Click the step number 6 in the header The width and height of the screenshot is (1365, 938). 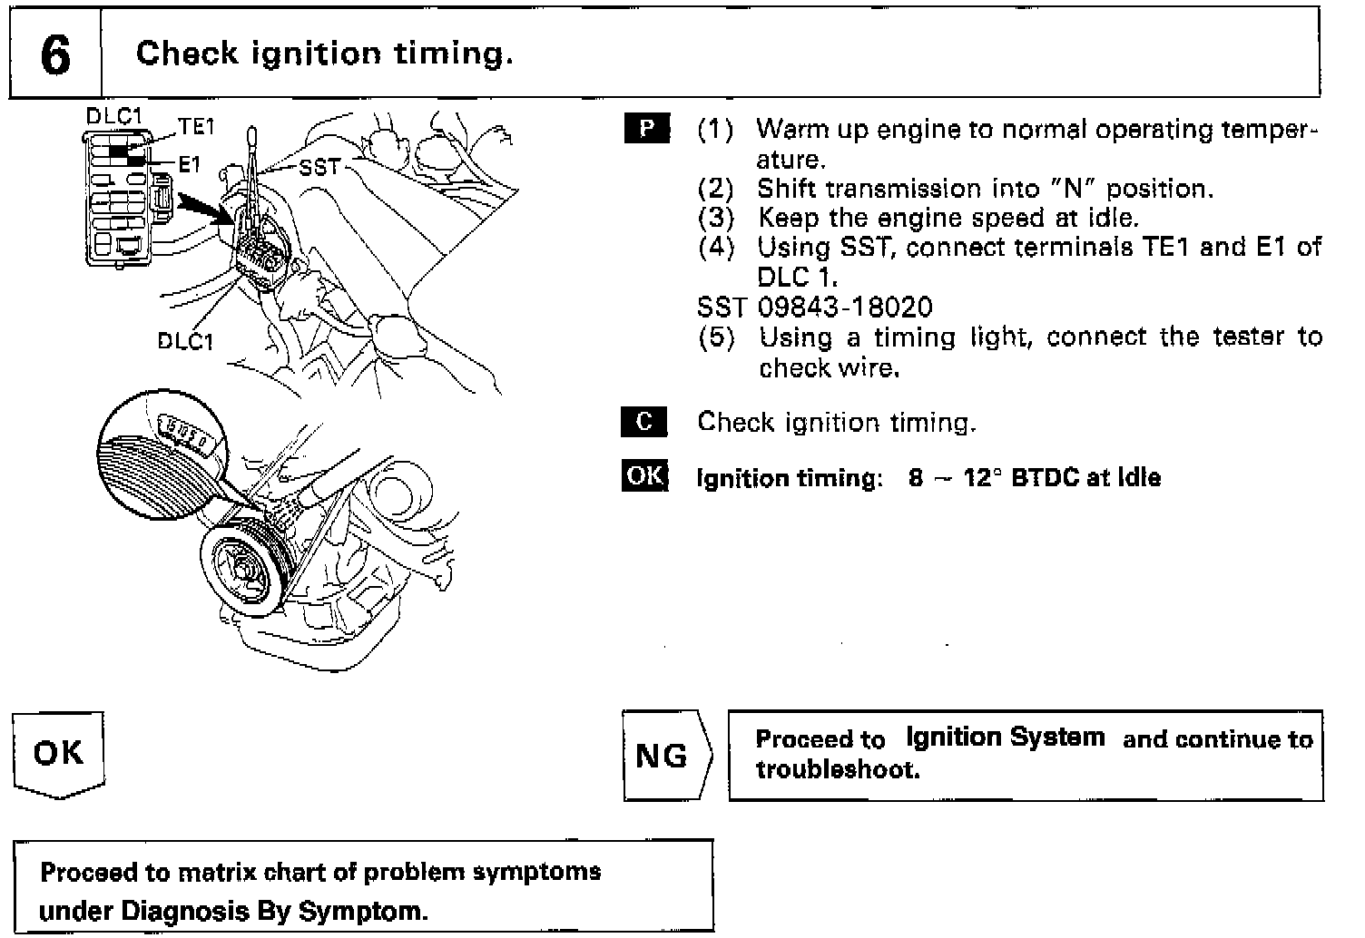coord(54,54)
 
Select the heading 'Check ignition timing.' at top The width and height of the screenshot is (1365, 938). coord(324,54)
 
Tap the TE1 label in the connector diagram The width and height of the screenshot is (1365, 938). coord(196,127)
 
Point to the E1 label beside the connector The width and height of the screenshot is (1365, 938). coord(189,164)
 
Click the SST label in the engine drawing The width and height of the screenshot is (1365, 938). coord(319,167)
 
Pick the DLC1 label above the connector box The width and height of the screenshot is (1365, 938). coord(113,116)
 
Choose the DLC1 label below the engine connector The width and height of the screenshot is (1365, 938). coord(185,341)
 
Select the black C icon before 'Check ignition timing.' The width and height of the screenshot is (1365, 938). coord(644,422)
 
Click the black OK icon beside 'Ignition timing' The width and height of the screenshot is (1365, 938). coord(644,476)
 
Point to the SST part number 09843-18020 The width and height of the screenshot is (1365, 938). coord(845,308)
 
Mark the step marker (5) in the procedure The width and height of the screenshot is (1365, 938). coord(716,338)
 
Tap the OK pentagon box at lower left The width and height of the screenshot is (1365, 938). coord(58,753)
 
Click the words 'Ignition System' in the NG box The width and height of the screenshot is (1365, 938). coord(1005,737)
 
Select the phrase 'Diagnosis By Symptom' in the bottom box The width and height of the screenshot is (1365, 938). coord(233,909)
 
